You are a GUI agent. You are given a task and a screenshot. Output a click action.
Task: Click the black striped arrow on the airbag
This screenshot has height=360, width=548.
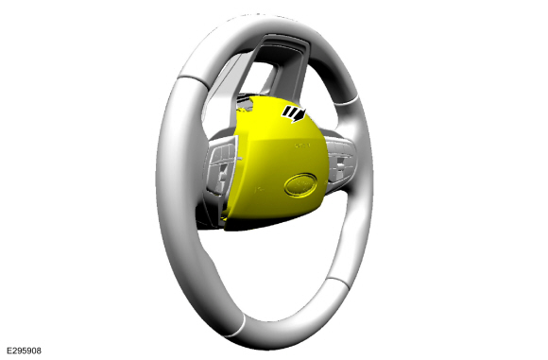pos(294,113)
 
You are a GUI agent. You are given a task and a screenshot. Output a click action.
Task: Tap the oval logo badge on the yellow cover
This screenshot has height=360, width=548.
pos(300,184)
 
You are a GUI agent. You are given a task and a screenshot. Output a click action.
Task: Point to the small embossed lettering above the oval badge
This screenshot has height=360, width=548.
pos(302,146)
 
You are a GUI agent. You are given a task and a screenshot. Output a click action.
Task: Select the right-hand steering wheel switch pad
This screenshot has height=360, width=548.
pos(340,162)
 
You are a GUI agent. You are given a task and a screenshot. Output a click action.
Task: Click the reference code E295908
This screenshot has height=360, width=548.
pos(24,351)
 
